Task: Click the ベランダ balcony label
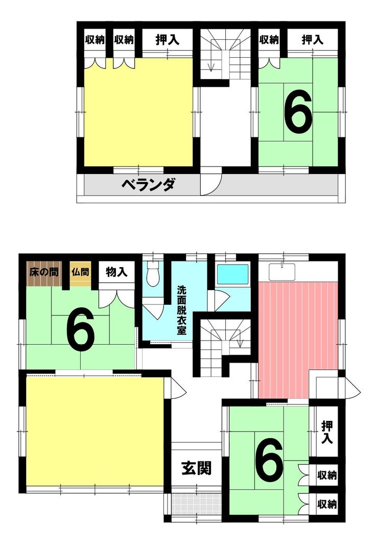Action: pos(148,184)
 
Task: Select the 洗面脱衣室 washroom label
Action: pos(181,310)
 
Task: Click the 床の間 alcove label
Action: pos(44,272)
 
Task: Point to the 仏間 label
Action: pos(80,272)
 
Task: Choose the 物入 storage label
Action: pos(116,272)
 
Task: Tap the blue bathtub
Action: pos(232,274)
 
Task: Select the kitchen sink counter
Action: pos(282,272)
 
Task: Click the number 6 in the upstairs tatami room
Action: pos(298,111)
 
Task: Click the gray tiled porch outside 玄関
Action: pos(197,504)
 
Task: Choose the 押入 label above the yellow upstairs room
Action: pos(167,40)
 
